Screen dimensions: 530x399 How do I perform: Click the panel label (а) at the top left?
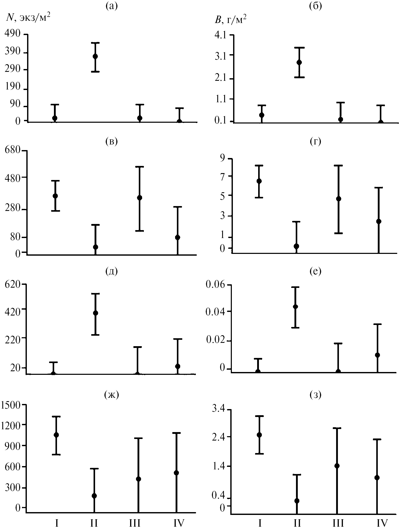point(112,6)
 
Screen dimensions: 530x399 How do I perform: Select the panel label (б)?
point(315,6)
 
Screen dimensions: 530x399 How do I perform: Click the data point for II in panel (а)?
point(95,56)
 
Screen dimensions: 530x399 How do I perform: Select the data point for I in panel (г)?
point(259,181)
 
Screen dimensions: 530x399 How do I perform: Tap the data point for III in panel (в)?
point(139,198)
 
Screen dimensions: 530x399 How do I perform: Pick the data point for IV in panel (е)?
point(377,355)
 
